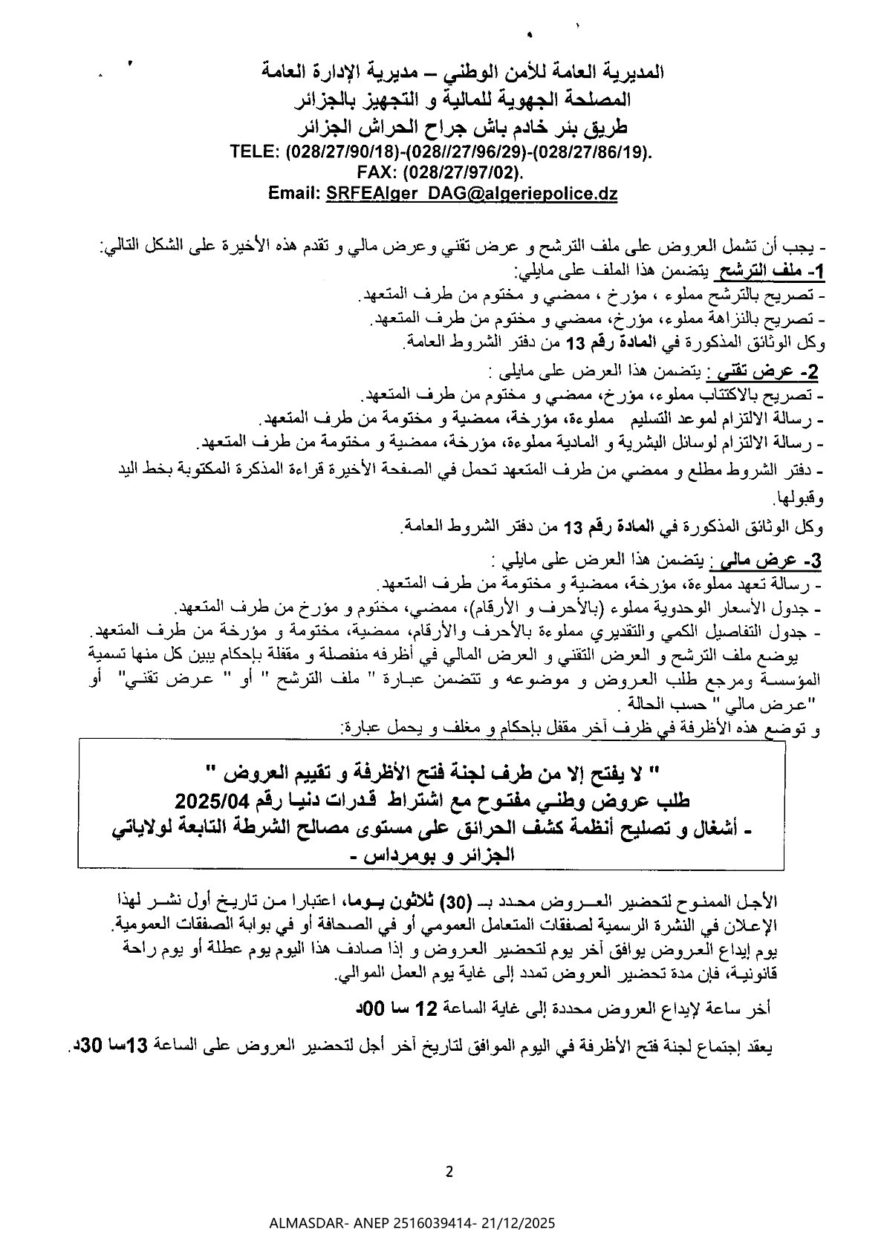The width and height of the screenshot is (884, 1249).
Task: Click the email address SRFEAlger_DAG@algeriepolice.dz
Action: [472, 193]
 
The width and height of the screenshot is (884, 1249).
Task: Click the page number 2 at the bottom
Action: [449, 1172]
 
